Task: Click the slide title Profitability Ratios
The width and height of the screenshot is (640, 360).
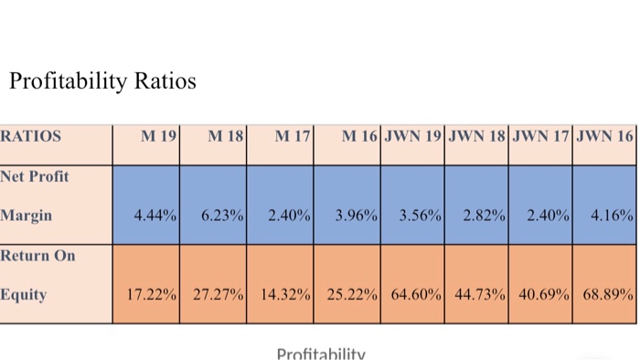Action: pos(102,81)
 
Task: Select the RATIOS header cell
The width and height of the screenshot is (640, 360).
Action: pos(31,137)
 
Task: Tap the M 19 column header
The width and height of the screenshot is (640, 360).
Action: pos(158,137)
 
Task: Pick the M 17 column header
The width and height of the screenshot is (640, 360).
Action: pos(293,137)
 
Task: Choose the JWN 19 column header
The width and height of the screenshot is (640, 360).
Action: pos(413,137)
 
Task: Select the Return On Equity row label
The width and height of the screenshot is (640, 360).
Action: pos(37,275)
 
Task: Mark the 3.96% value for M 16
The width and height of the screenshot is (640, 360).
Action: pos(357,217)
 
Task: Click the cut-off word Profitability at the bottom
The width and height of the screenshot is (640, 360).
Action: pos(320,354)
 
